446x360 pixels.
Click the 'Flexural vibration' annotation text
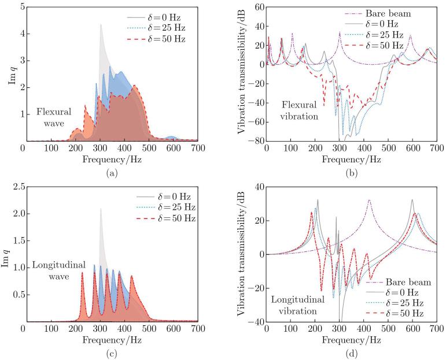click(300, 110)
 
